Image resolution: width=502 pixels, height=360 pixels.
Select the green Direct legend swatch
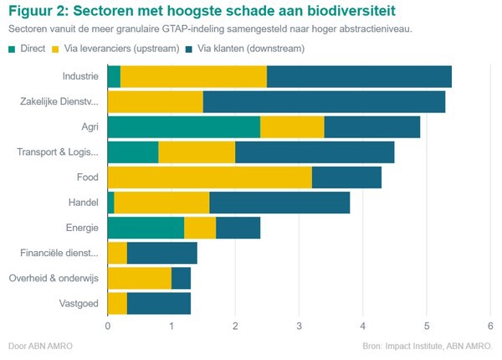point(13,49)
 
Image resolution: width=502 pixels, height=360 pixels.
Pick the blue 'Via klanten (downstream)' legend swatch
point(190,49)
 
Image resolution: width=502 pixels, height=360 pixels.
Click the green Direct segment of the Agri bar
point(183,127)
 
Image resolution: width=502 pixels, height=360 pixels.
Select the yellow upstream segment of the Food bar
point(209,177)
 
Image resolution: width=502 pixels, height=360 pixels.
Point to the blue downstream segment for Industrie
point(359,77)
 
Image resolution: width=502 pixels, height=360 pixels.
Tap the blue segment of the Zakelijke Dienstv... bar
point(324,102)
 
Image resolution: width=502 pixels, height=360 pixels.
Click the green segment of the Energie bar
point(146,227)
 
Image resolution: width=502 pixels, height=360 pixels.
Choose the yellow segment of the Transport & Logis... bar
point(196,152)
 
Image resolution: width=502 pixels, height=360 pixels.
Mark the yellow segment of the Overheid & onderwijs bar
point(139,277)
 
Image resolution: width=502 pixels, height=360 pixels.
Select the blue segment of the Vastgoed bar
point(158,302)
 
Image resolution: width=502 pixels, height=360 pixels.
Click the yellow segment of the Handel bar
point(161,202)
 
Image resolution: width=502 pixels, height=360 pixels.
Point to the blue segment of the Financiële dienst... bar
point(161,252)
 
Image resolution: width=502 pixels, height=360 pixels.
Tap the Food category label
point(86,177)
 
